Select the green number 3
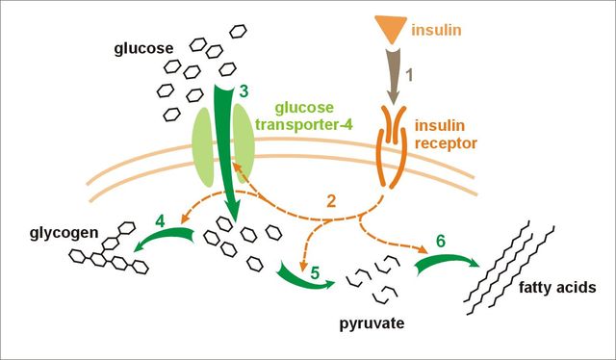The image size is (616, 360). pyautogui.click(x=244, y=90)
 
